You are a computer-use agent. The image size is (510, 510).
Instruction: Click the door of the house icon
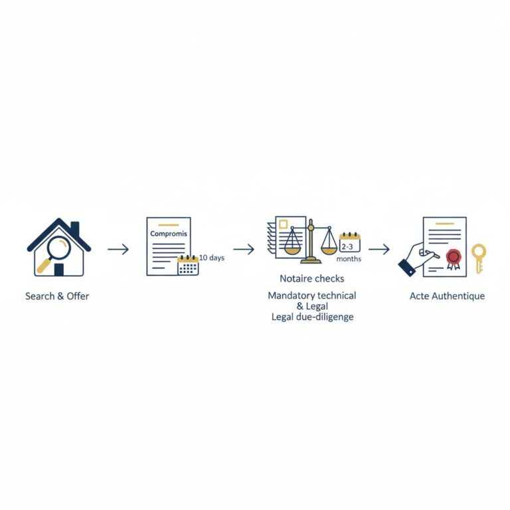[x=59, y=269]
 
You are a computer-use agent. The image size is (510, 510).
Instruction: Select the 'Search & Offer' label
[x=57, y=296]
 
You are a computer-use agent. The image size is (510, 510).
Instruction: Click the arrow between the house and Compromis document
[x=118, y=249]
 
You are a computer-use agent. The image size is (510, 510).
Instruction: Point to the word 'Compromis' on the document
[x=169, y=234]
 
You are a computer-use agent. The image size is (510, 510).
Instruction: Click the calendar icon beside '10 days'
[x=188, y=265]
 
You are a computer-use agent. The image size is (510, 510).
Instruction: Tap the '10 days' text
[x=212, y=258]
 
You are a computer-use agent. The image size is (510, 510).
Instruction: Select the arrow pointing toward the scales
[x=244, y=249]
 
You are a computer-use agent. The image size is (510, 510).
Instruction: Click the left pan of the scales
[x=292, y=249]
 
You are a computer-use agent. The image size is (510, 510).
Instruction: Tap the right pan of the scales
[x=329, y=249]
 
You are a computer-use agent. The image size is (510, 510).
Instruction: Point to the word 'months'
[x=349, y=259]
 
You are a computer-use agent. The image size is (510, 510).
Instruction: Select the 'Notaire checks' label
[x=312, y=278]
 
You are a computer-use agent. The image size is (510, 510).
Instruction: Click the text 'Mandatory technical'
[x=312, y=295]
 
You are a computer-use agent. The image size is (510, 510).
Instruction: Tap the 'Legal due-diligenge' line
[x=312, y=317]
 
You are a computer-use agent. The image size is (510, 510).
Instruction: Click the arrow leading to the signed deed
[x=379, y=249]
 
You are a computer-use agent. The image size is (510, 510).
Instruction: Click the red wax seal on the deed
[x=454, y=256]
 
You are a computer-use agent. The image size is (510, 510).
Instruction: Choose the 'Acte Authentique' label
[x=447, y=296]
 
